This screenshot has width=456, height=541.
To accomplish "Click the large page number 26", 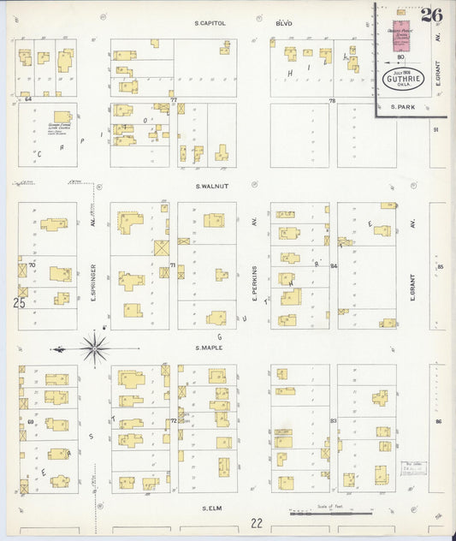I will pyautogui.click(x=431, y=15).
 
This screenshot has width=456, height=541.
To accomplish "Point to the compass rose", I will pyautogui.click(x=94, y=348).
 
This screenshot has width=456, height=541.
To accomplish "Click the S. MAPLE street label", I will pyautogui.click(x=209, y=348).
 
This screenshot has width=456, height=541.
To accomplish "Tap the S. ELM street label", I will pyautogui.click(x=212, y=508).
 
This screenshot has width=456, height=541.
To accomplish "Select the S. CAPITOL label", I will pyautogui.click(x=210, y=23).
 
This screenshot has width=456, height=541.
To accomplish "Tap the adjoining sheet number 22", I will pyautogui.click(x=257, y=522).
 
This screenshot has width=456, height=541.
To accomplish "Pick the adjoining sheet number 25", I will pyautogui.click(x=19, y=302).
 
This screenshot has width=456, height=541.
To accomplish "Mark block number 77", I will pyautogui.click(x=173, y=100).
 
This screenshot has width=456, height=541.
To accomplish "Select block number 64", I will pyautogui.click(x=28, y=99).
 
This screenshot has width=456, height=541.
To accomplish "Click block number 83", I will pyautogui.click(x=333, y=420).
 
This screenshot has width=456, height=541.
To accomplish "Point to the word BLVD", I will pyautogui.click(x=283, y=23).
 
